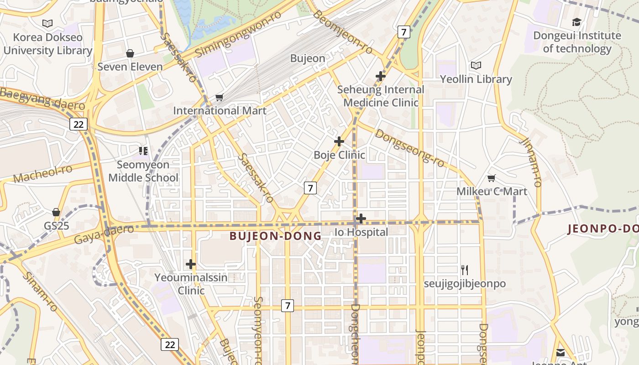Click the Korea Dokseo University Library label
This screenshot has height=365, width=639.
click(x=47, y=44)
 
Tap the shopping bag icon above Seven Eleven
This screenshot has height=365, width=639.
click(x=130, y=53)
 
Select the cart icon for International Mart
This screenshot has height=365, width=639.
click(x=219, y=97)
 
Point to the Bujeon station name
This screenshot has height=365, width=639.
click(x=308, y=58)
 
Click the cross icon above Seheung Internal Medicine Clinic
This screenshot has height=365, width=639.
click(x=380, y=76)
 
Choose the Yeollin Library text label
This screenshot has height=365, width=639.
click(x=476, y=79)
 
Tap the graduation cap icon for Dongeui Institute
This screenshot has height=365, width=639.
click(x=576, y=22)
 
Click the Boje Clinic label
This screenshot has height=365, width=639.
click(x=339, y=155)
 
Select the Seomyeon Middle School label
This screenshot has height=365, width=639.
click(x=143, y=171)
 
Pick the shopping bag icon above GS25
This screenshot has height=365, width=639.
click(x=56, y=212)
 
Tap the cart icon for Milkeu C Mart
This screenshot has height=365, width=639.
click(x=491, y=178)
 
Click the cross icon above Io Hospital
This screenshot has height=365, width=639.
click(x=361, y=219)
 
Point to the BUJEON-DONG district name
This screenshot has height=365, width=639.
click(x=275, y=236)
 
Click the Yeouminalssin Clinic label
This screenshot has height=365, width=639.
click(x=191, y=284)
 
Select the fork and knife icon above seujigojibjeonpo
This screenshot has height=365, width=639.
click(x=465, y=270)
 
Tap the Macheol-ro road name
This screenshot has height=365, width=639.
click(x=43, y=174)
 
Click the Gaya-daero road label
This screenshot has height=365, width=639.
click(x=104, y=234)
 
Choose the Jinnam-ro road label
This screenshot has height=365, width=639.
click(x=530, y=162)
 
